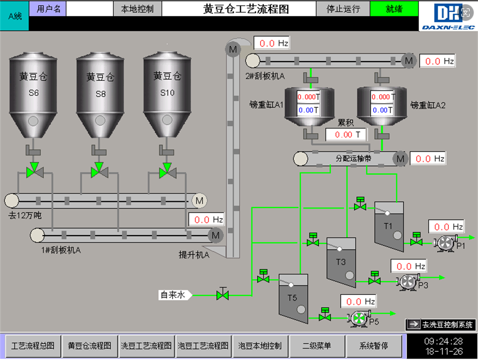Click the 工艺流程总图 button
(33, 346)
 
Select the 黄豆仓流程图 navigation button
(89, 346)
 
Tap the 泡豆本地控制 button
(260, 346)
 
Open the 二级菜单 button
(317, 346)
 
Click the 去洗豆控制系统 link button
(441, 325)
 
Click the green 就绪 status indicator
(394, 9)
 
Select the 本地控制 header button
(138, 9)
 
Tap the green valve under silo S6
(33, 170)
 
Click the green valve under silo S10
(166, 170)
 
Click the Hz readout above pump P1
(446, 227)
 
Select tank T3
(341, 262)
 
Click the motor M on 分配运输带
(401, 159)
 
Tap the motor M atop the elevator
(233, 49)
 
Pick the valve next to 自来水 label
(222, 295)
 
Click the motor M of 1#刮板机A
(216, 235)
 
